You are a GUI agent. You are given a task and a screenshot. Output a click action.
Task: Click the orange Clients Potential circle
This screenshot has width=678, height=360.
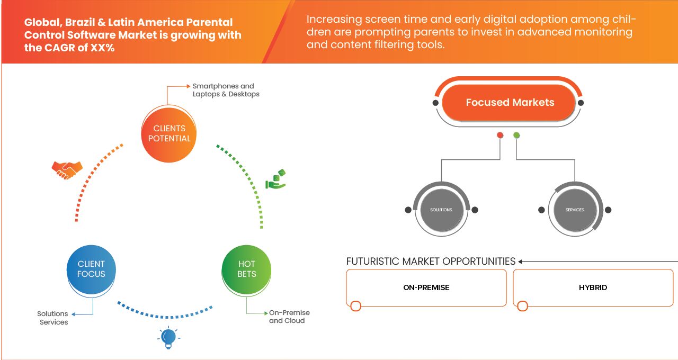(169, 134)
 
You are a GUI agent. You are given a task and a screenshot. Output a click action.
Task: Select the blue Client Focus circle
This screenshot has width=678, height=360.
(91, 269)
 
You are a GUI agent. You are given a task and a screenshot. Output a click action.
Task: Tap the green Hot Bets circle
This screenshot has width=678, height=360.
(246, 269)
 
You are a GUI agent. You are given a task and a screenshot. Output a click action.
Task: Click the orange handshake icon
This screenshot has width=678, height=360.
(67, 170)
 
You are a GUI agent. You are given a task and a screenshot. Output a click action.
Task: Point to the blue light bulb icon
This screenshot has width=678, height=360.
(168, 338)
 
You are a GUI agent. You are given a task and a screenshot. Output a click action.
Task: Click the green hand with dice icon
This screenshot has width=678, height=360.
(275, 179)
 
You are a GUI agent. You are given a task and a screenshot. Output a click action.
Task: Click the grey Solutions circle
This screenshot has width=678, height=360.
(441, 210)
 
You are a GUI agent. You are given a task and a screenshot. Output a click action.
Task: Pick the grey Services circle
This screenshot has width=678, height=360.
(575, 210)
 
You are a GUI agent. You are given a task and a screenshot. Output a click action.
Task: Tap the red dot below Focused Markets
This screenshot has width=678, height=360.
(500, 135)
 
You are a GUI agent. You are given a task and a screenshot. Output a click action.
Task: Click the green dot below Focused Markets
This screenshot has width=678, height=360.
(516, 135)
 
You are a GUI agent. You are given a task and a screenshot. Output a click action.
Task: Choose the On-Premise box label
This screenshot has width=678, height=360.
(426, 287)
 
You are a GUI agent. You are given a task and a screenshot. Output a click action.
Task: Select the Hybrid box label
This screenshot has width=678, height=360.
(593, 287)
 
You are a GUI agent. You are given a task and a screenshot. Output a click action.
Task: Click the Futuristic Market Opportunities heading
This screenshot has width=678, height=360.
(431, 262)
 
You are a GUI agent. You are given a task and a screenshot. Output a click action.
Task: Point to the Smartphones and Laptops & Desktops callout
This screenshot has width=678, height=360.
(226, 90)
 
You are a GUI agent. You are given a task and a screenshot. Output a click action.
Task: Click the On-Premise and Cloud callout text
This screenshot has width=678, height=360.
(289, 317)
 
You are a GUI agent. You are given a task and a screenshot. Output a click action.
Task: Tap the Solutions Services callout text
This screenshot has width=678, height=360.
(52, 318)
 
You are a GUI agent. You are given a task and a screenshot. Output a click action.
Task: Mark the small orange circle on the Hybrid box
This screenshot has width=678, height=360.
(522, 306)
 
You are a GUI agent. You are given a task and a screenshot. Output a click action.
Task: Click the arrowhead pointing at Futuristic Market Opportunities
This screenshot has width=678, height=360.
(520, 262)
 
